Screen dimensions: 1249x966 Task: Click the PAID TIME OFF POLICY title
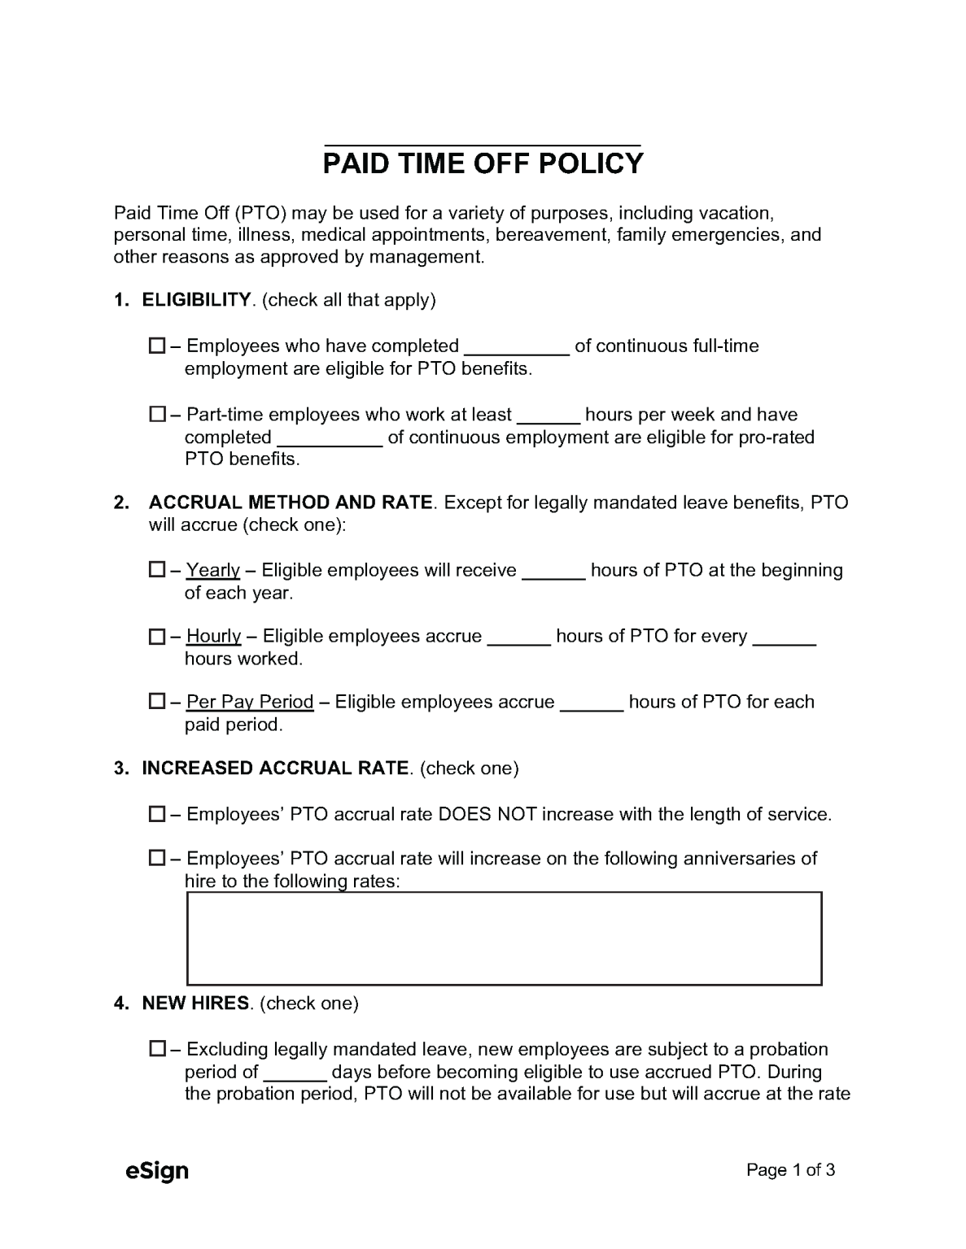(x=483, y=164)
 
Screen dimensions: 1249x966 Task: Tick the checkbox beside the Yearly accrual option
(x=157, y=570)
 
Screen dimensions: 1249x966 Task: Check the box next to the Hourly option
(x=157, y=637)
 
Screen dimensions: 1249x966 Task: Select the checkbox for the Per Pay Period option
(x=157, y=702)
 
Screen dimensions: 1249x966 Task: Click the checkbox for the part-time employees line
(x=157, y=415)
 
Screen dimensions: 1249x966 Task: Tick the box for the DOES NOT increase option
(x=157, y=814)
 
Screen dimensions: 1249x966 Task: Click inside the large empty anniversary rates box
(x=504, y=938)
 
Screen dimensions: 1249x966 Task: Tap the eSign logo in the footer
(x=157, y=1171)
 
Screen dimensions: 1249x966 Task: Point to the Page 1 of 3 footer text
(x=791, y=1170)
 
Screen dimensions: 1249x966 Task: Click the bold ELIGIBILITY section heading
(x=196, y=300)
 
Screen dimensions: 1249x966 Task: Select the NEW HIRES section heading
(x=195, y=1003)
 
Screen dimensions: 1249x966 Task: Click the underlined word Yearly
(x=213, y=570)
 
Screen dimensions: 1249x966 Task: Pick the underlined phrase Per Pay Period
(x=250, y=702)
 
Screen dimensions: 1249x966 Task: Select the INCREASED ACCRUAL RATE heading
(x=275, y=768)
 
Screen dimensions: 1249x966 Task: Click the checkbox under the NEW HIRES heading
(x=157, y=1049)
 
